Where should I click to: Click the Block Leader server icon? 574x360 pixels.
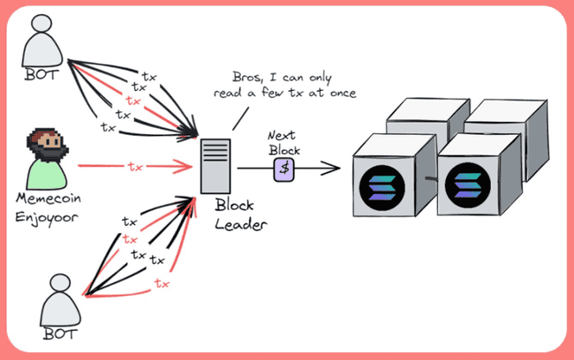(x=212, y=166)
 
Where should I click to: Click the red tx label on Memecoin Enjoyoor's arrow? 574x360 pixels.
(x=134, y=166)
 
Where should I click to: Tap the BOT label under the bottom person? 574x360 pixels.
(x=58, y=334)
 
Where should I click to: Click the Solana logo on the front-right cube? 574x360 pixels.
(x=470, y=188)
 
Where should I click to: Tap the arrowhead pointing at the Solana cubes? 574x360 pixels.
(x=337, y=166)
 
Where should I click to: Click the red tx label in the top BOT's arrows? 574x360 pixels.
(x=132, y=101)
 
